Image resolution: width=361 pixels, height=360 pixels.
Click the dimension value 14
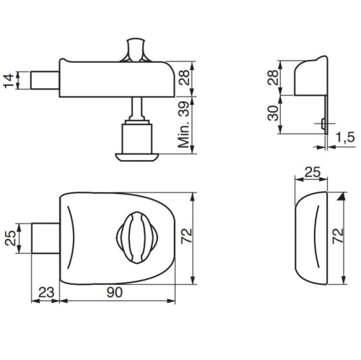tap(9, 81)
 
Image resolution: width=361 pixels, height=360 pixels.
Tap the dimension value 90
tap(115, 292)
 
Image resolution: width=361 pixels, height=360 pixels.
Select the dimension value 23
tap(46, 293)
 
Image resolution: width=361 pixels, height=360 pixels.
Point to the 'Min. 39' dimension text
tap(184, 125)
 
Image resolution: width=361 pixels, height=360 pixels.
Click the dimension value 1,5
tap(345, 137)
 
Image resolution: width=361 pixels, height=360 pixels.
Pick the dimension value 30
tap(273, 113)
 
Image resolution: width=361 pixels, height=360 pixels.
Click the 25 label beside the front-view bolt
tap(11, 238)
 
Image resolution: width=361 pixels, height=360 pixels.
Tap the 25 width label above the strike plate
tap(313, 172)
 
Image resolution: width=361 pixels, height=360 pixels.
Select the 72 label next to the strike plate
tap(337, 237)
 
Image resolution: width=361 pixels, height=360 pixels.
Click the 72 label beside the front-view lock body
tap(186, 235)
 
